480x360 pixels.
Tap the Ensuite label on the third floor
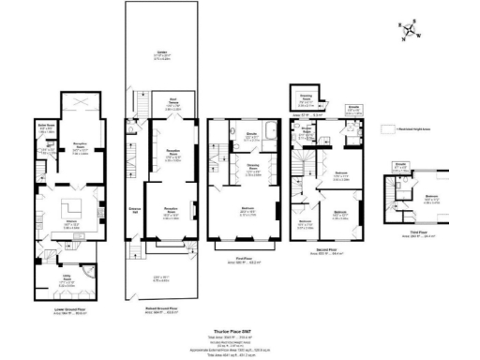(400, 164)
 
